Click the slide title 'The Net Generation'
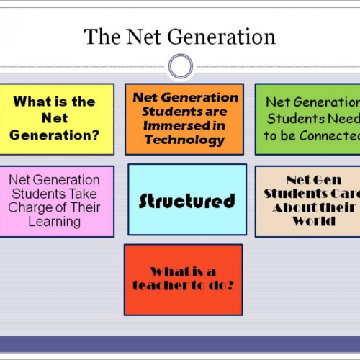[x=179, y=36]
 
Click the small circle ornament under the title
[x=180, y=67]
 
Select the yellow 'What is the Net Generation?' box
[x=56, y=119]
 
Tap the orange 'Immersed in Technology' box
[x=184, y=119]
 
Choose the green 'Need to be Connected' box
[x=307, y=119]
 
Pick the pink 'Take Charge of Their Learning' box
[x=56, y=201]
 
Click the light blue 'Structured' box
[x=187, y=199]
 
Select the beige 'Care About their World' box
[x=307, y=201]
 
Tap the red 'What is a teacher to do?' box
[x=183, y=279]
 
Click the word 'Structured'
[x=187, y=200]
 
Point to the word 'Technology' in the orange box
[x=185, y=140]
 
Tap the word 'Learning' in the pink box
[x=55, y=221]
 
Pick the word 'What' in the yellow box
[x=32, y=102]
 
